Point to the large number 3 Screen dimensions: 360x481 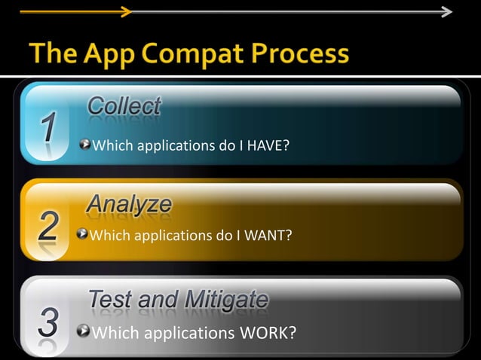(47, 324)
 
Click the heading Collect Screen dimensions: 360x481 (124, 106)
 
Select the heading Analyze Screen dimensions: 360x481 (129, 204)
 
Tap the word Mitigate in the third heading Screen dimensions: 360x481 (224, 300)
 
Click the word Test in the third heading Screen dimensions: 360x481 (112, 300)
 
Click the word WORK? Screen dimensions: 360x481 (266, 332)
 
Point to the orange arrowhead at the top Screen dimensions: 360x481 (127, 11)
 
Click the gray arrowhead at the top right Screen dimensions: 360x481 (446, 11)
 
